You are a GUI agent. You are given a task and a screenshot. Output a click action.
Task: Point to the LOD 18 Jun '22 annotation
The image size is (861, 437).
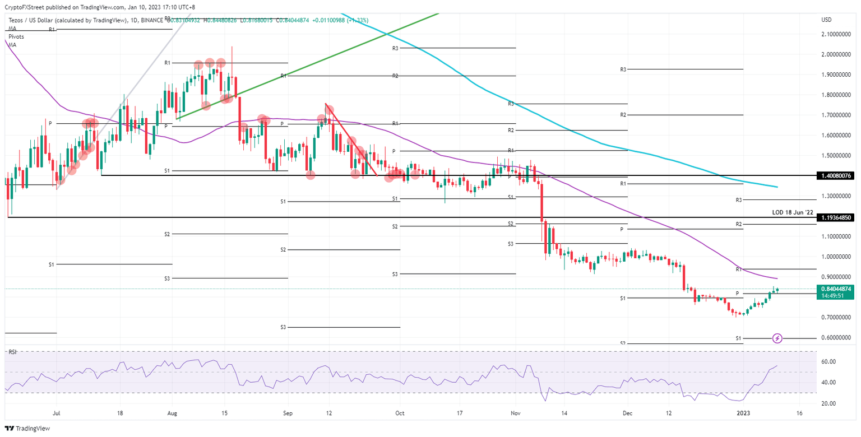[x=792, y=212]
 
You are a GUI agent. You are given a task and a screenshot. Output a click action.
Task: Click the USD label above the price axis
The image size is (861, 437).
[x=826, y=20]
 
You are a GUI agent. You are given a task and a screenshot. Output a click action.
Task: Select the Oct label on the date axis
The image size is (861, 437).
[x=400, y=413]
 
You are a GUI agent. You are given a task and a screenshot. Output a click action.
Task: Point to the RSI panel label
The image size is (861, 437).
[x=11, y=352]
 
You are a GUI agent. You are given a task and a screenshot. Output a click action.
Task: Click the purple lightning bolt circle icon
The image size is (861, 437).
[x=777, y=338]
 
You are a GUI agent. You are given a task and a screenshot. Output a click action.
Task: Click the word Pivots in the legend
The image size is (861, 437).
[x=17, y=37]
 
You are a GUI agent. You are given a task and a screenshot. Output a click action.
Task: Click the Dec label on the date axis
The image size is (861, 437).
[x=628, y=413]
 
